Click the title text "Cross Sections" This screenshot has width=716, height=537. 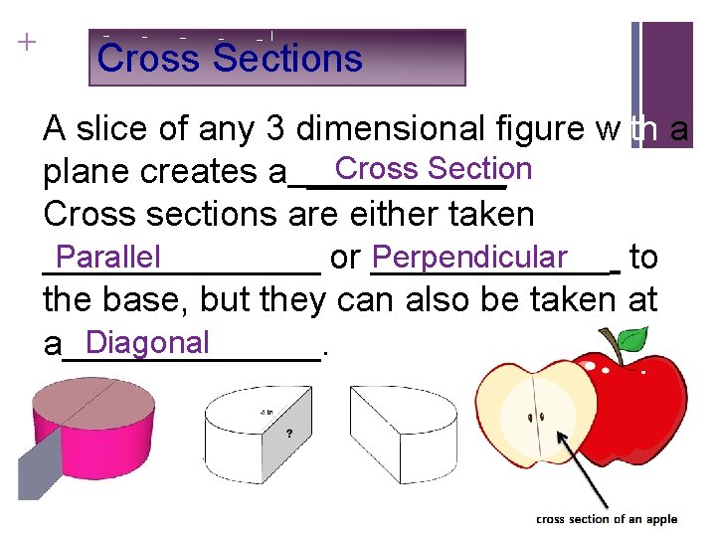230,58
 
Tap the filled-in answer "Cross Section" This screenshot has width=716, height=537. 433,169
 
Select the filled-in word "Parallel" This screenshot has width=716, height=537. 108,258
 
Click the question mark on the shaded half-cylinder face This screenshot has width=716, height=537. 289,434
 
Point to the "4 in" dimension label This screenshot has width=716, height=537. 267,411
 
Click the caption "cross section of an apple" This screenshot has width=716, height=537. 607,519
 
